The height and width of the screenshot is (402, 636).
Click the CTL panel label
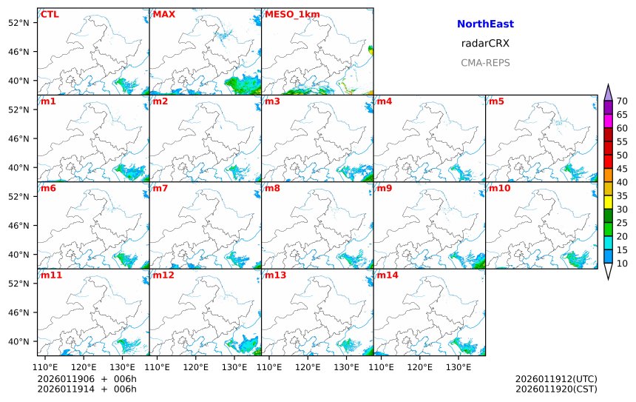pyautogui.click(x=50, y=14)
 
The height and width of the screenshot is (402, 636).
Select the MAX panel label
pyautogui.click(x=163, y=14)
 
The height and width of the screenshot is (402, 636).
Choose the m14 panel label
pyautogui.click(x=387, y=275)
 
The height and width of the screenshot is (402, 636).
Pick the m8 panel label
pyautogui.click(x=272, y=188)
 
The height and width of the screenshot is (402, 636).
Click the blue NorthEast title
pyautogui.click(x=485, y=24)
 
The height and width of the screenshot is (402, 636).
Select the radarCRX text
pyautogui.click(x=485, y=44)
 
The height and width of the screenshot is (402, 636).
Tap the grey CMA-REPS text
pyautogui.click(x=485, y=63)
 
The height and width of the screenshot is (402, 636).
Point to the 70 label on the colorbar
pyautogui.click(x=622, y=101)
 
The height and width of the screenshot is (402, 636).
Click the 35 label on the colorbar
pyautogui.click(x=622, y=195)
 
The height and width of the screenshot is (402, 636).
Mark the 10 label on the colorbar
pyautogui.click(x=622, y=263)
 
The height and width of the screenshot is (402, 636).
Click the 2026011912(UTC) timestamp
pyautogui.click(x=556, y=379)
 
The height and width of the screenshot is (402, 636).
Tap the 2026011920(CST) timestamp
pyautogui.click(x=556, y=389)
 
